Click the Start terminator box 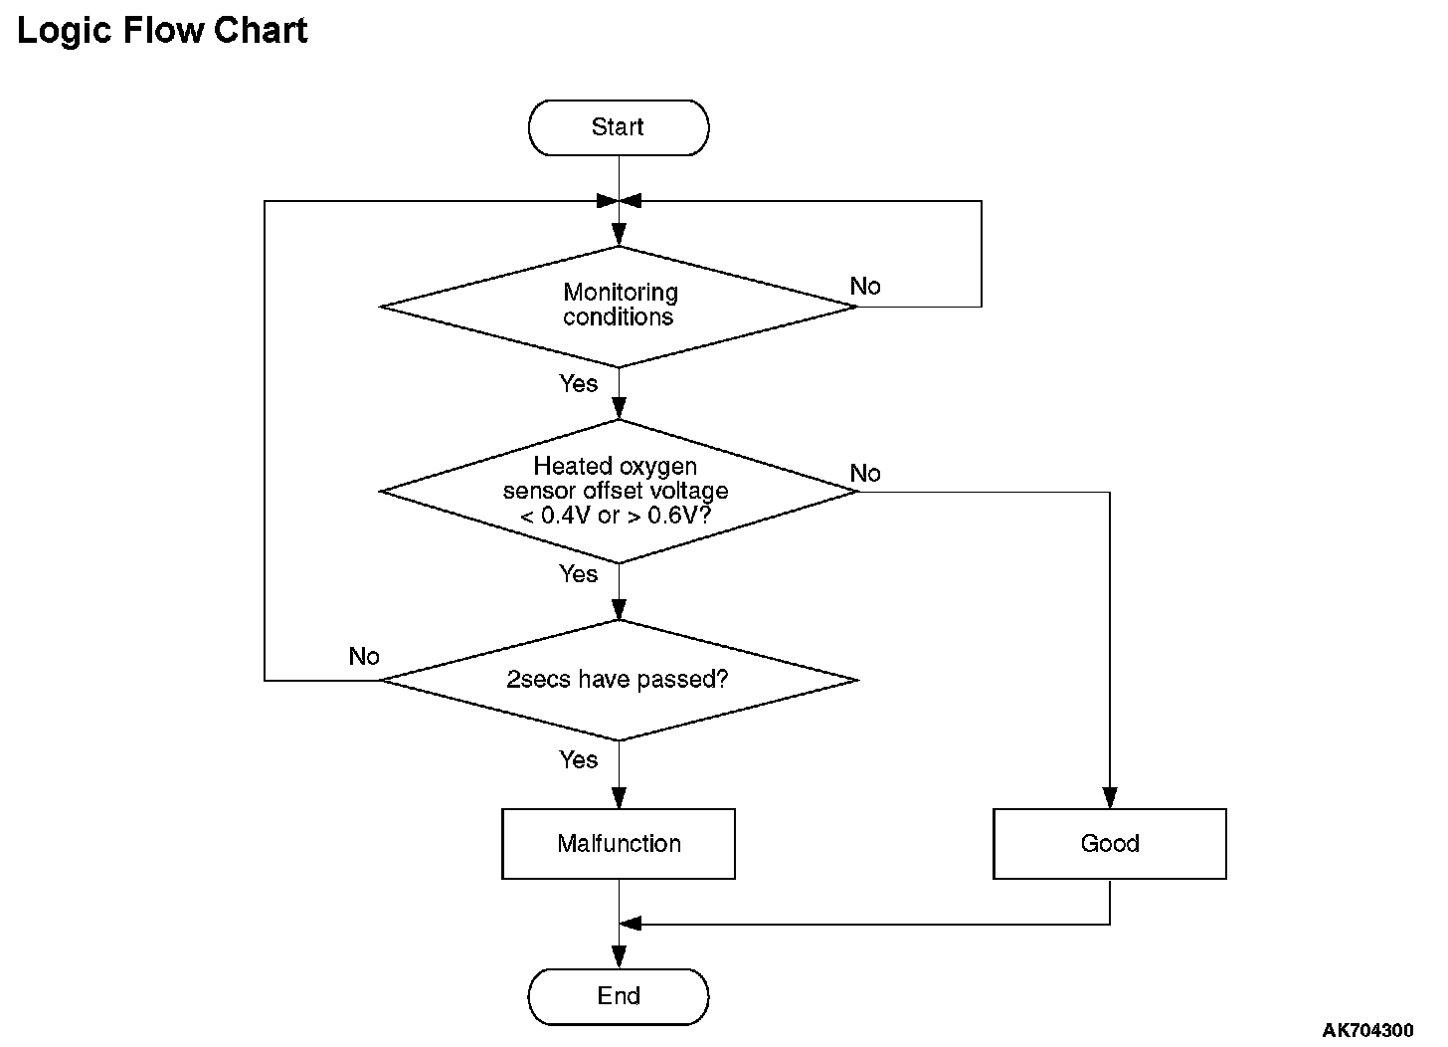619,127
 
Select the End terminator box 619,996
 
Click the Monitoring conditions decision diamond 619,307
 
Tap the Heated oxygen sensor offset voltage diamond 619,491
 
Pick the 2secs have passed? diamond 619,680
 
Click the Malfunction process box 619,844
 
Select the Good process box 1109,844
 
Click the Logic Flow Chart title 162,31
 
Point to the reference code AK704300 1367,1029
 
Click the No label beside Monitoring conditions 865,286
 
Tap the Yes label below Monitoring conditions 579,383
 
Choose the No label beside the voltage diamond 865,473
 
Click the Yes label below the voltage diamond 579,573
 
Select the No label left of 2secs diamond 364,656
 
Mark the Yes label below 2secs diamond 579,759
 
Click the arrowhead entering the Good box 1109,798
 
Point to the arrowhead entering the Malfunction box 619,798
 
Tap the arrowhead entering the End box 619,957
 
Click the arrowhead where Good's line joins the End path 630,924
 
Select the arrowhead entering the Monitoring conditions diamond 619,235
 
